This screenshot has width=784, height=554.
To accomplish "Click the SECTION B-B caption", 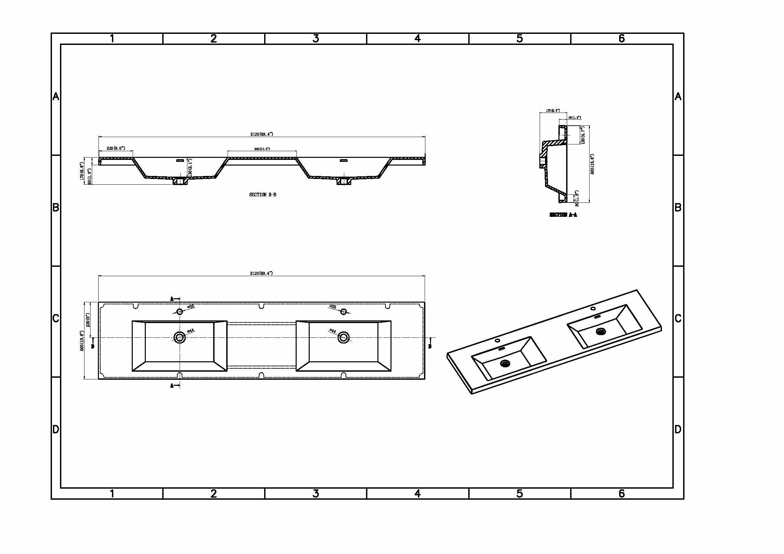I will tap(262, 195).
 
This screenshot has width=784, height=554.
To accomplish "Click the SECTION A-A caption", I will tap(563, 215).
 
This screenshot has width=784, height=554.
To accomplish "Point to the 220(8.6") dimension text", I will tap(116, 148).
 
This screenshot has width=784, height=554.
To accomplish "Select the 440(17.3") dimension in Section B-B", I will tap(262, 149).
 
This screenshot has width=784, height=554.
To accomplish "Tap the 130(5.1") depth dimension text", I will tap(190, 168).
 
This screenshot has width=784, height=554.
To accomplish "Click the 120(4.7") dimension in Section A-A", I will tap(583, 135).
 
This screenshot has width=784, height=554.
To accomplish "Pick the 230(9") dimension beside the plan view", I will tap(88, 320).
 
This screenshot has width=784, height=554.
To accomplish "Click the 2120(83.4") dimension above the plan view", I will tap(261, 273).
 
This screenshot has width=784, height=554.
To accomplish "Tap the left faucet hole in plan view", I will tap(180, 311).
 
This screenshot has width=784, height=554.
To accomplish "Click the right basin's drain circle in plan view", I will tap(344, 337).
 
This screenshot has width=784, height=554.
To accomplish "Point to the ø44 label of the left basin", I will tap(190, 331).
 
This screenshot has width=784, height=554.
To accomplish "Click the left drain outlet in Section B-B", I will tap(180, 181).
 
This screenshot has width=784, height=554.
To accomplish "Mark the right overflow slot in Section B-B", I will tap(344, 160).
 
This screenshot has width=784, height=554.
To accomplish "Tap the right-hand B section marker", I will tap(431, 343).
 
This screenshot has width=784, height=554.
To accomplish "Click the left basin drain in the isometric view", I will tap(504, 364).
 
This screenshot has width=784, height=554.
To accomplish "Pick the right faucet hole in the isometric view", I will tap(593, 309).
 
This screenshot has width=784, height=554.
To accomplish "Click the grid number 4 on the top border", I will tap(417, 39).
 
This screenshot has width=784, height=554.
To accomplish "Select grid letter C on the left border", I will tap(56, 318).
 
